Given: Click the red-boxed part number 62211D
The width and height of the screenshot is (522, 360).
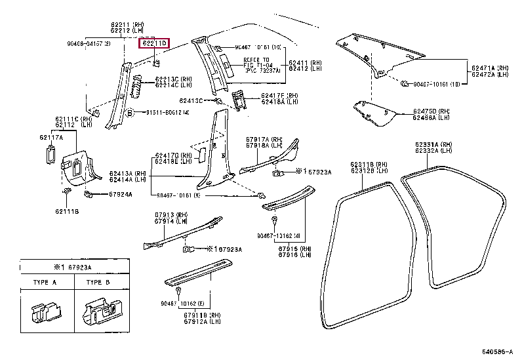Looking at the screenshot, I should pos(154,43).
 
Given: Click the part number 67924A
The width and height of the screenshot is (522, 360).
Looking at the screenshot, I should pos(120,195).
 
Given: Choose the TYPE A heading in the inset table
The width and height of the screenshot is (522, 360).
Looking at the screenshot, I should pos(44,282).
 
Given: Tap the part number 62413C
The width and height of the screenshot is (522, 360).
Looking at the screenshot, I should pos(190,101).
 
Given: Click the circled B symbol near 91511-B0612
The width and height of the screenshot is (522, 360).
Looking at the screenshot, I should pos(130,112).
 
